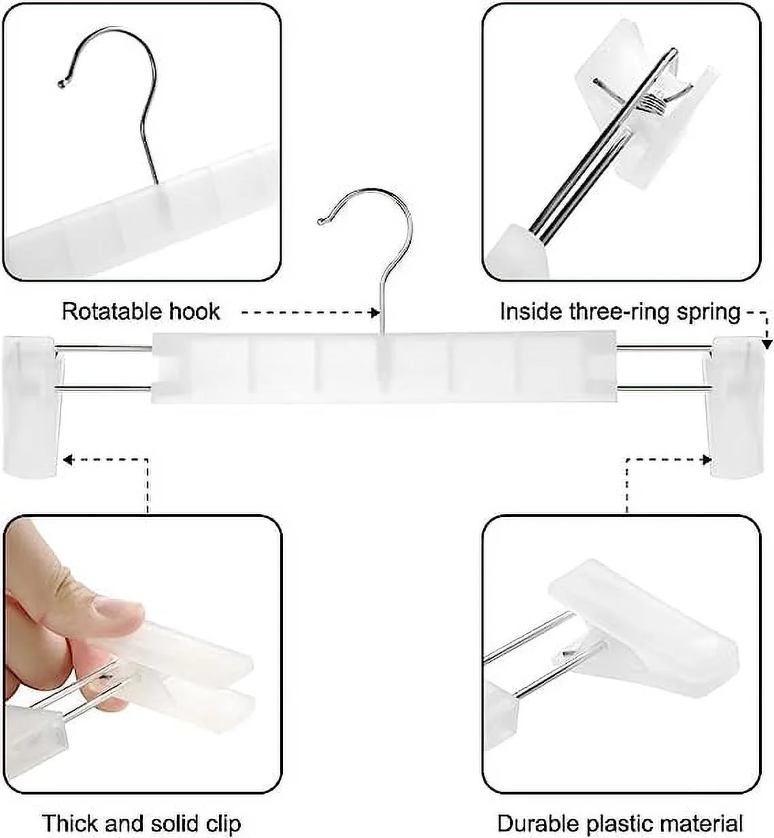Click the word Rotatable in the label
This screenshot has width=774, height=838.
click(x=112, y=312)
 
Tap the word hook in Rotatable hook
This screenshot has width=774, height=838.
click(x=194, y=312)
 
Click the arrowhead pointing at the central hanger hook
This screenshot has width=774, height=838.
click(x=373, y=313)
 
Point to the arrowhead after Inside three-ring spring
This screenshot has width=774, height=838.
click(x=767, y=346)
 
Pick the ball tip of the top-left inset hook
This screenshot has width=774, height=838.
click(x=61, y=84)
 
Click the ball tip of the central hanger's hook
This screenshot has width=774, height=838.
click(x=321, y=220)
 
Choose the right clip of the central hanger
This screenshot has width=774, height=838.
click(x=738, y=407)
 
